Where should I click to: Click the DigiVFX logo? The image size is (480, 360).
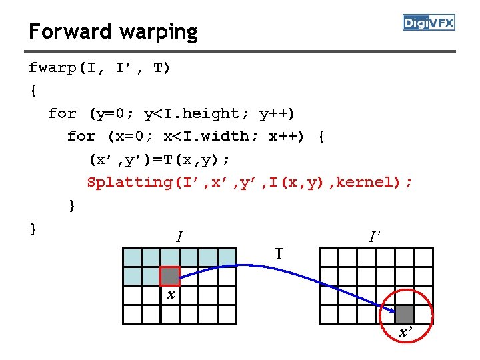click(429, 23)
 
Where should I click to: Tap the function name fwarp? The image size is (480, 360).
click(52, 68)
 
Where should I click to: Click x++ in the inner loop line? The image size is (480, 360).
click(285, 136)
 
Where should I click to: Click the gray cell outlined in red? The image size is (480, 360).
click(170, 276)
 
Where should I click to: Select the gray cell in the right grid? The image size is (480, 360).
click(404, 314)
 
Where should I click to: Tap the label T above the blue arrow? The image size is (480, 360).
click(279, 253)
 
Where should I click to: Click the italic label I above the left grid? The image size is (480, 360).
click(179, 237)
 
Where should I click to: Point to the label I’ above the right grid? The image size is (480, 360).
click(374, 236)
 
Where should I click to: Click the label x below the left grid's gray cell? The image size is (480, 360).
click(171, 294)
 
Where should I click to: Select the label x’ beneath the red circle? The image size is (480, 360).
click(405, 332)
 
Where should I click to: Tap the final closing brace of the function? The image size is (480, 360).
click(33, 228)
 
